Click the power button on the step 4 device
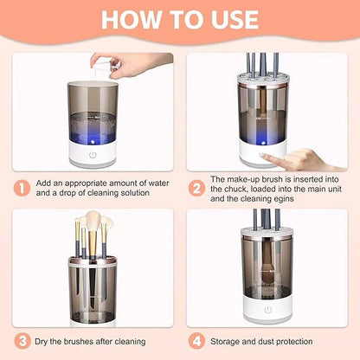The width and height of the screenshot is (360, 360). coord(269,310)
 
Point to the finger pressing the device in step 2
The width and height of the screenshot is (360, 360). coord(299,158)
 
